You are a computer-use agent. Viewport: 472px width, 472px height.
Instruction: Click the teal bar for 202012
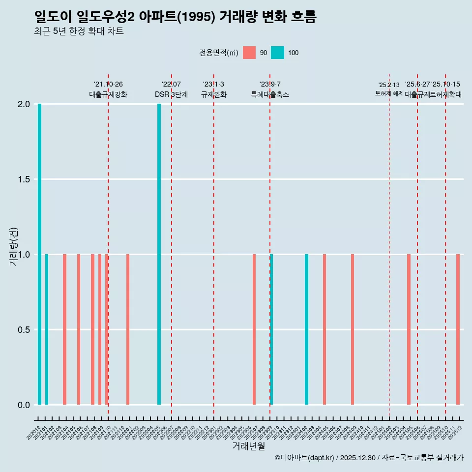click(x=40, y=254)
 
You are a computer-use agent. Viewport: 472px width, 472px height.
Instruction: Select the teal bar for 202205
click(x=159, y=254)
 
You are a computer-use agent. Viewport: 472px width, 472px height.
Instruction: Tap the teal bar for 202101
click(x=47, y=329)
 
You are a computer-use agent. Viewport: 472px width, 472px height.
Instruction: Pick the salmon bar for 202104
click(x=64, y=329)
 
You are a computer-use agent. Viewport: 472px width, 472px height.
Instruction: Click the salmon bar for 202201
click(x=128, y=329)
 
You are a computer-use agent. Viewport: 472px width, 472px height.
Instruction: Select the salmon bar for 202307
click(x=254, y=329)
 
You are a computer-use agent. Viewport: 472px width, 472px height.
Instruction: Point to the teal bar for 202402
click(x=307, y=329)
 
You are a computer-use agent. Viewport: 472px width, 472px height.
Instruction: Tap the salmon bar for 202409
click(x=353, y=329)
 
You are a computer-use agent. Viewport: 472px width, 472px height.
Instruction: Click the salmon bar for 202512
click(x=458, y=329)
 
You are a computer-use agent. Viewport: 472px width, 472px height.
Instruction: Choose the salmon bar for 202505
click(x=409, y=329)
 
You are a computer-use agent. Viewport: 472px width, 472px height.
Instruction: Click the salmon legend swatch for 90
click(x=250, y=53)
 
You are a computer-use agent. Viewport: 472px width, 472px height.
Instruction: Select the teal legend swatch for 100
click(x=278, y=53)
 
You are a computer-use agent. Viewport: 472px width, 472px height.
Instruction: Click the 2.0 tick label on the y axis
click(x=24, y=104)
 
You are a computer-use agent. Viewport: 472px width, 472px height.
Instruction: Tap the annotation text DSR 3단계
click(x=171, y=94)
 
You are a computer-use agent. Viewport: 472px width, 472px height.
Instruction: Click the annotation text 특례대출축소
click(x=270, y=94)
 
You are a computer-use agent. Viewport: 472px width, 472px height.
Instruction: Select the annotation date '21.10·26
click(x=108, y=85)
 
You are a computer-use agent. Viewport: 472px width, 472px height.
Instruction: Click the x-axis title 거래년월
click(x=249, y=446)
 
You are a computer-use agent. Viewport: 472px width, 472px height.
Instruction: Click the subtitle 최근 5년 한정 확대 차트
click(x=79, y=32)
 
